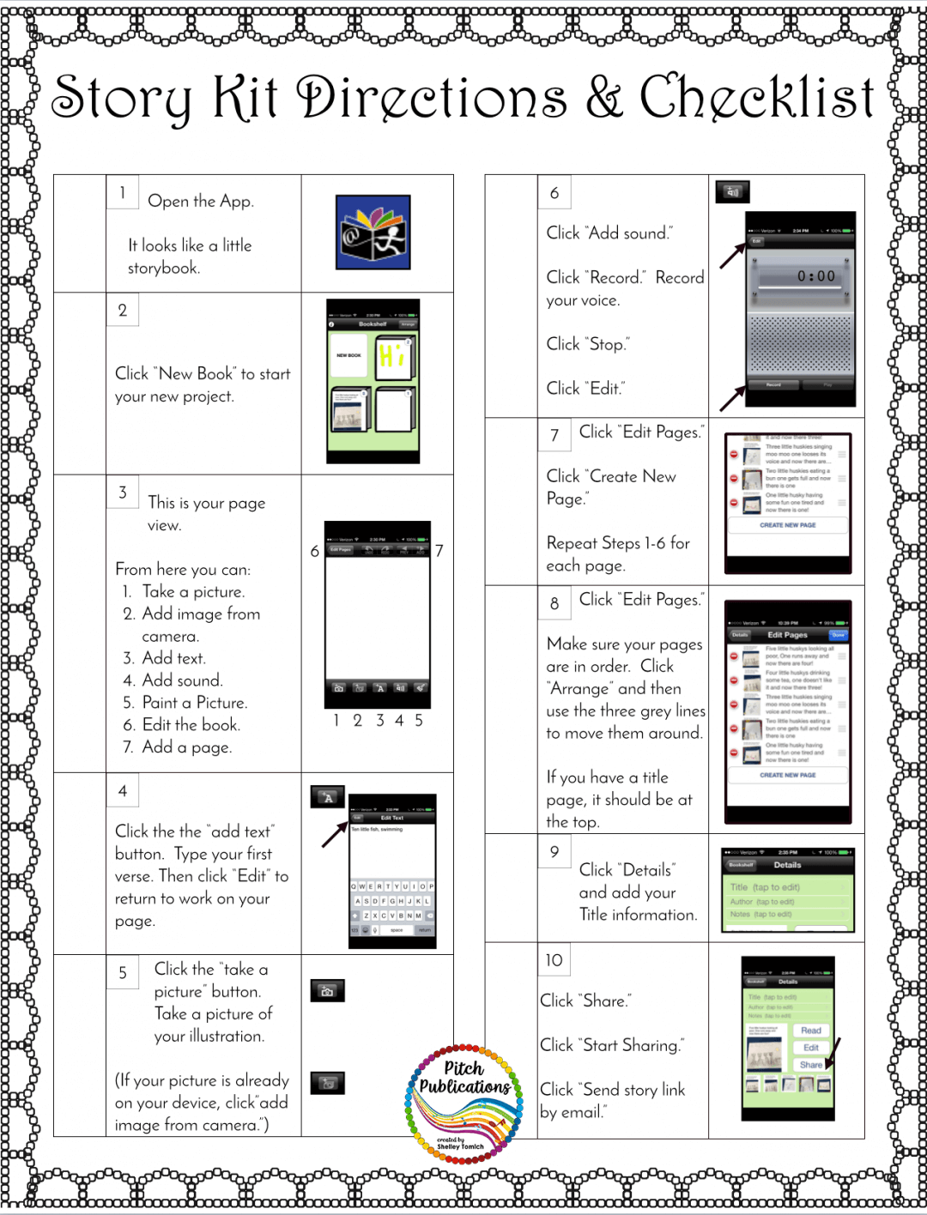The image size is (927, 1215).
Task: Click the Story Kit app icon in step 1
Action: [x=373, y=232]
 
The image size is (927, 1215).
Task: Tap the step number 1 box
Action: [x=122, y=192]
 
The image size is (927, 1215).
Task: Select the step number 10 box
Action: [x=554, y=960]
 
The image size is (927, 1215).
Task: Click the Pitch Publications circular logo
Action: [x=464, y=1103]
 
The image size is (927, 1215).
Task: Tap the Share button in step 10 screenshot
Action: [x=810, y=1065]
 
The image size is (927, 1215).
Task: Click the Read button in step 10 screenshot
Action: [x=810, y=1031]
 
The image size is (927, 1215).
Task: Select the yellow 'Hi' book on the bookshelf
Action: [x=394, y=358]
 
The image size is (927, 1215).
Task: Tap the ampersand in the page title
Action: [x=603, y=98]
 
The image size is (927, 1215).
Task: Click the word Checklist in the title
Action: [x=756, y=96]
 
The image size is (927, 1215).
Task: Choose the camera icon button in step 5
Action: [x=327, y=991]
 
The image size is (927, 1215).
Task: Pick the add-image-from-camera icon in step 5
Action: [x=327, y=1083]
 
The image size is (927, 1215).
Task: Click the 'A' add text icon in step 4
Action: [x=327, y=797]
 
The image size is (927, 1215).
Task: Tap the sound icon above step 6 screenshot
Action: [x=732, y=191]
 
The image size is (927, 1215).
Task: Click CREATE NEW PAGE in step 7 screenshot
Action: [x=787, y=525]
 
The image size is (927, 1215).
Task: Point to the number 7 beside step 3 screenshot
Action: [x=439, y=551]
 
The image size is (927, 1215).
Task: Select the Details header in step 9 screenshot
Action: [x=787, y=865]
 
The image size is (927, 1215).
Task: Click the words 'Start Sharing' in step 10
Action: [x=631, y=1045]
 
